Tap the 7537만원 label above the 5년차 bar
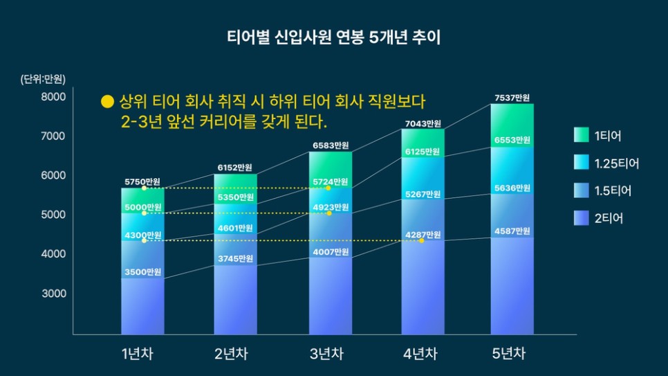click(x=512, y=98)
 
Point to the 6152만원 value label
click(x=235, y=168)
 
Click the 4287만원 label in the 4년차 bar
click(x=423, y=235)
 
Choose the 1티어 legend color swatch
click(x=581, y=136)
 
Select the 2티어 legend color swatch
click(x=581, y=219)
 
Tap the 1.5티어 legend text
click(x=613, y=191)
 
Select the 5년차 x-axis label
click(x=512, y=355)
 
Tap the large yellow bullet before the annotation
click(x=106, y=102)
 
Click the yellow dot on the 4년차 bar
click(x=422, y=241)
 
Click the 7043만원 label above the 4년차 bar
click(x=423, y=124)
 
